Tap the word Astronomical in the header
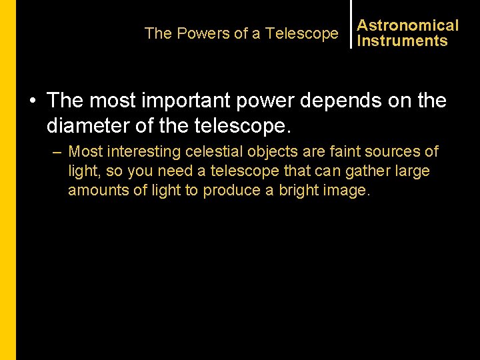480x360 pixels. point(408,25)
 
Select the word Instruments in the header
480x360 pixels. point(402,41)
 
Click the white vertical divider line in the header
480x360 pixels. point(351,24)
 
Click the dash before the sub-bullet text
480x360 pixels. point(57,152)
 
